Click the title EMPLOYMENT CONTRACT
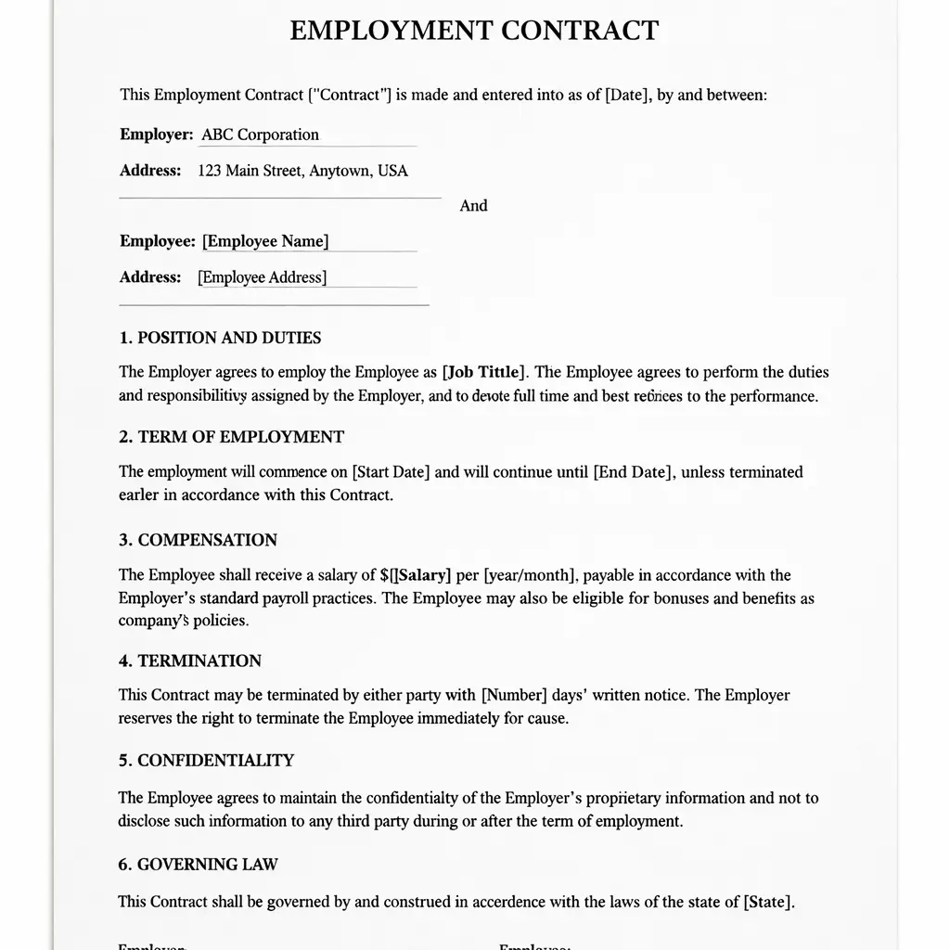point(474,31)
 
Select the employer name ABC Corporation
point(260,135)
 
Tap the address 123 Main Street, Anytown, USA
point(302,171)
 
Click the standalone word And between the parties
point(473,206)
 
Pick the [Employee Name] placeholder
point(265,241)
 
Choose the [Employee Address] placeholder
point(263,277)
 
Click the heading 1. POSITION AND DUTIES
point(220,338)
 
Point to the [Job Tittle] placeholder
point(484,372)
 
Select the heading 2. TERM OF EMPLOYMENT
point(231,437)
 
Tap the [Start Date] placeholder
point(391,472)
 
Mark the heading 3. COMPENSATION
point(198,540)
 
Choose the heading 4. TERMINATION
point(189,661)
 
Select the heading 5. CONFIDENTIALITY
point(206,761)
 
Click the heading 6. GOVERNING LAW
point(198,865)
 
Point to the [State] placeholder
point(767,902)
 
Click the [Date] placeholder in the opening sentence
point(626,95)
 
